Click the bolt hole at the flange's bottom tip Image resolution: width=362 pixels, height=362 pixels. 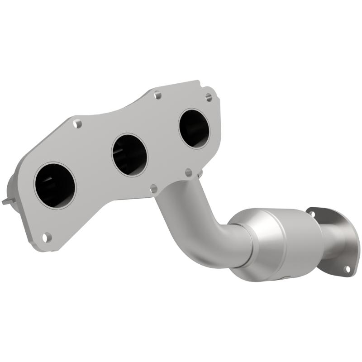pos(47,236)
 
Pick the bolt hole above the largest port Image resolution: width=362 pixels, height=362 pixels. pos(77,123)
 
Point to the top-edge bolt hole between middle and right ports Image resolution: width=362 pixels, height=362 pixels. pos(157,95)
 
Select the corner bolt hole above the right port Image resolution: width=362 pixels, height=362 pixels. pos(208,97)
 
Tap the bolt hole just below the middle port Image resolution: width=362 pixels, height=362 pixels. pos(153,188)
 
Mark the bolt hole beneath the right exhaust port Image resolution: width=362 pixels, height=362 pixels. pos(189,172)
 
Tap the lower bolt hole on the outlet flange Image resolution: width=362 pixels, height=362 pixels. pos(347,269)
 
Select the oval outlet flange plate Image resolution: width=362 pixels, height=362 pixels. pos(333,240)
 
